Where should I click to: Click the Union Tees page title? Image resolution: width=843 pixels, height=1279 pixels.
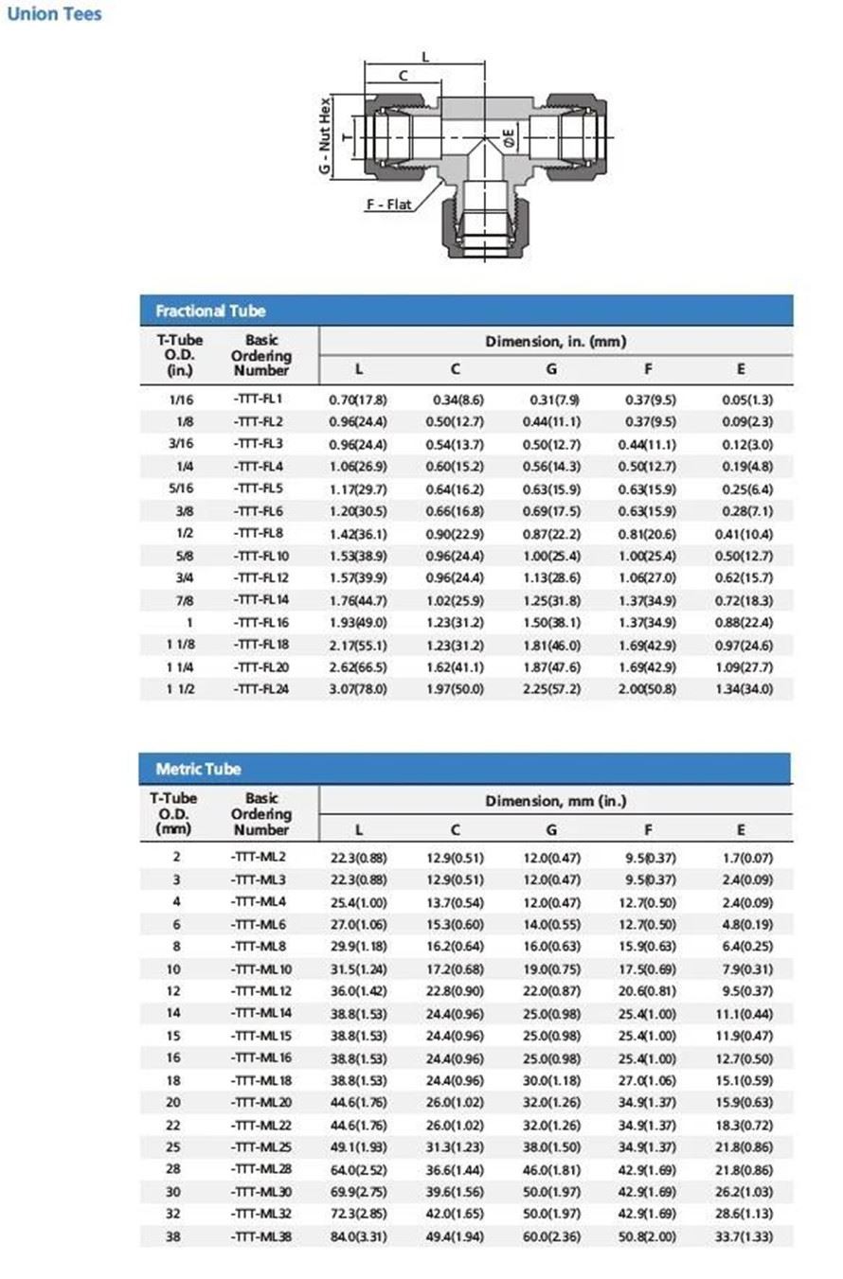54,14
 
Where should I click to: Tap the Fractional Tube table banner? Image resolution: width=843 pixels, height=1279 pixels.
210,311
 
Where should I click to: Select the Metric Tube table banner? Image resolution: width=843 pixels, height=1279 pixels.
198,769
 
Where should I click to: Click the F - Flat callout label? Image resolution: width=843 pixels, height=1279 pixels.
390,204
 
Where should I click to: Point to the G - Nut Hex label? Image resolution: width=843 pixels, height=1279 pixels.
325,134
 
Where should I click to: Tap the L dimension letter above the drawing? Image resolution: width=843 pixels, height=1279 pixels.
425,57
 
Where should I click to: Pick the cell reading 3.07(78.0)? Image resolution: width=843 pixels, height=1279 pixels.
358,689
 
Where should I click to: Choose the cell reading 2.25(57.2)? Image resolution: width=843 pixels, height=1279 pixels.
551,689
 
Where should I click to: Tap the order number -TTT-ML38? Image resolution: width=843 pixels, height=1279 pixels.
261,1235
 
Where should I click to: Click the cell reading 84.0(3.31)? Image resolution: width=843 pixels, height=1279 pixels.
358,1236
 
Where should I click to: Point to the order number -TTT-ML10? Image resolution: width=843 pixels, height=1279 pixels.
261,968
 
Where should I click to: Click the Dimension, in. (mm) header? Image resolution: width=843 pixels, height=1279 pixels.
555,342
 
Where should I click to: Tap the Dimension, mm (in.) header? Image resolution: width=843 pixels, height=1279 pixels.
555,801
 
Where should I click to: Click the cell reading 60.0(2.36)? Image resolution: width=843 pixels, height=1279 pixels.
551,1236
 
